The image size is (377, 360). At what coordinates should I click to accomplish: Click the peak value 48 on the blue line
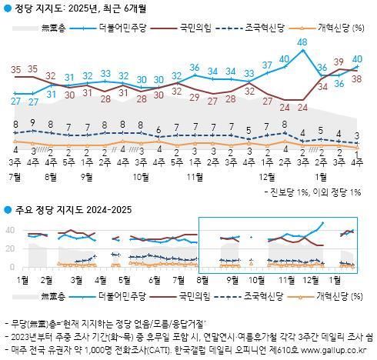[x=302, y=42]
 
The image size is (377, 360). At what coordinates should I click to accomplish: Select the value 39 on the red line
[x=339, y=62]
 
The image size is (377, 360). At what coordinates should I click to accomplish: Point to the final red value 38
[x=357, y=78]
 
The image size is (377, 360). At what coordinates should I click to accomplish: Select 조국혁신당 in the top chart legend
[x=266, y=28]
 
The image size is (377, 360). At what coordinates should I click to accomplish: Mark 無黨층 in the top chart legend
[x=52, y=28]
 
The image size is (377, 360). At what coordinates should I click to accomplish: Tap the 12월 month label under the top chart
[x=268, y=175]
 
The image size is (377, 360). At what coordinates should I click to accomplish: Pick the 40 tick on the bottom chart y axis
[x=10, y=230]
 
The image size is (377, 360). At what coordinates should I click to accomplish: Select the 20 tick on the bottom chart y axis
[x=10, y=248]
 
